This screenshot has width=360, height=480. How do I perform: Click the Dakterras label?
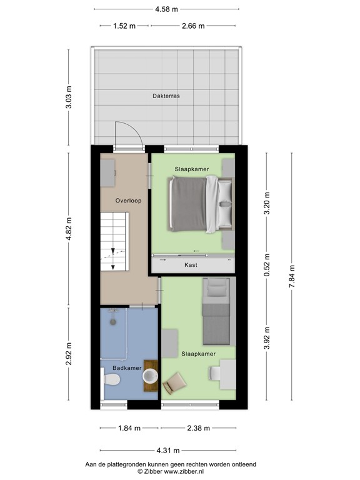tap(166, 96)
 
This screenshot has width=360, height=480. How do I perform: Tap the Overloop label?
tap(129, 201)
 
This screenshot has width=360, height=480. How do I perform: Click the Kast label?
tap(191, 265)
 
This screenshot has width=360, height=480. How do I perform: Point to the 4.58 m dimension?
tap(166, 9)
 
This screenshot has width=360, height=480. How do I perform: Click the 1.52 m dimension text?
tap(124, 26)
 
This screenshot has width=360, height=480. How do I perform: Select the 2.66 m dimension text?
tap(193, 26)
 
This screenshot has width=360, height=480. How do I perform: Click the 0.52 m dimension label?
tap(267, 265)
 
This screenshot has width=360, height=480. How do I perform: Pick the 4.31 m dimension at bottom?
tap(167, 450)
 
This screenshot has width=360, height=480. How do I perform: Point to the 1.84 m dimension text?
tap(128, 428)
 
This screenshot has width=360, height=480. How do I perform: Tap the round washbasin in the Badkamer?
tap(150, 376)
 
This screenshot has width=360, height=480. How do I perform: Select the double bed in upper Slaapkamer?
tap(201, 203)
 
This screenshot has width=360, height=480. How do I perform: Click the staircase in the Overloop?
tap(113, 241)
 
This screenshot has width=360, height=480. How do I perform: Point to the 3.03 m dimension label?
tap(69, 101)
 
